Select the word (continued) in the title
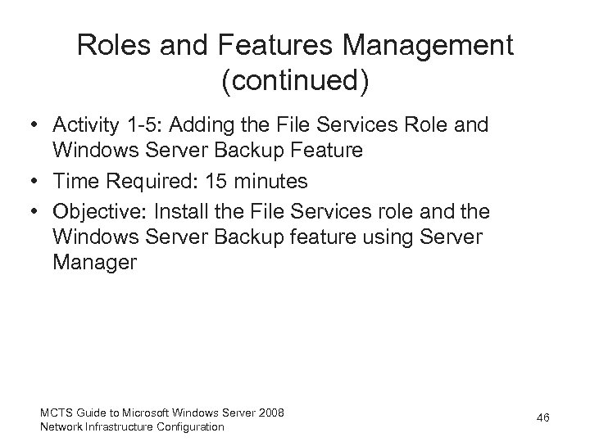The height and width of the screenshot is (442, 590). pyautogui.click(x=295, y=81)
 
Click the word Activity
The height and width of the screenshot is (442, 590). pyautogui.click(x=83, y=126)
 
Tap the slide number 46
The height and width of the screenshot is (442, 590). pyautogui.click(x=542, y=418)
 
